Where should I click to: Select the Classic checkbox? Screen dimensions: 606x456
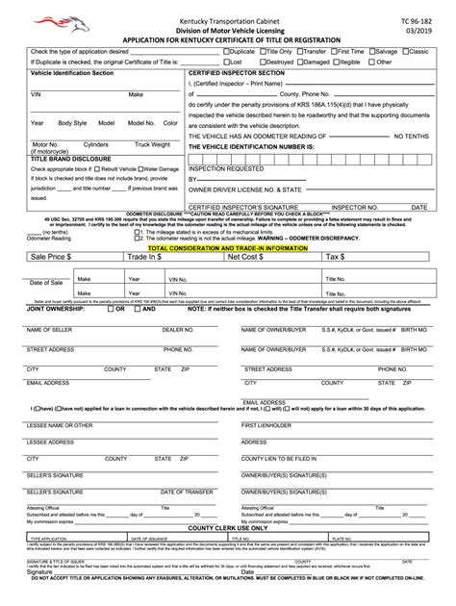click(x=407, y=50)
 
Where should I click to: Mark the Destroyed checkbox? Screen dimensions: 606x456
click(x=258, y=62)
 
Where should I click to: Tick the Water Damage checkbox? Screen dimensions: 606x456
click(x=140, y=167)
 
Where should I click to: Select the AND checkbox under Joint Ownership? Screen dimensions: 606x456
click(x=139, y=309)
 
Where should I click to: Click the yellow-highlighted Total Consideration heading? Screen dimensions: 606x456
click(x=228, y=247)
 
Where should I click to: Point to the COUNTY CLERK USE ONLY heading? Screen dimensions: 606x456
click(x=228, y=527)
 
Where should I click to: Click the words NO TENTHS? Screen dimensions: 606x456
click(x=409, y=136)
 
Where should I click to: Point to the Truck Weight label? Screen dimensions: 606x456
click(x=152, y=144)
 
